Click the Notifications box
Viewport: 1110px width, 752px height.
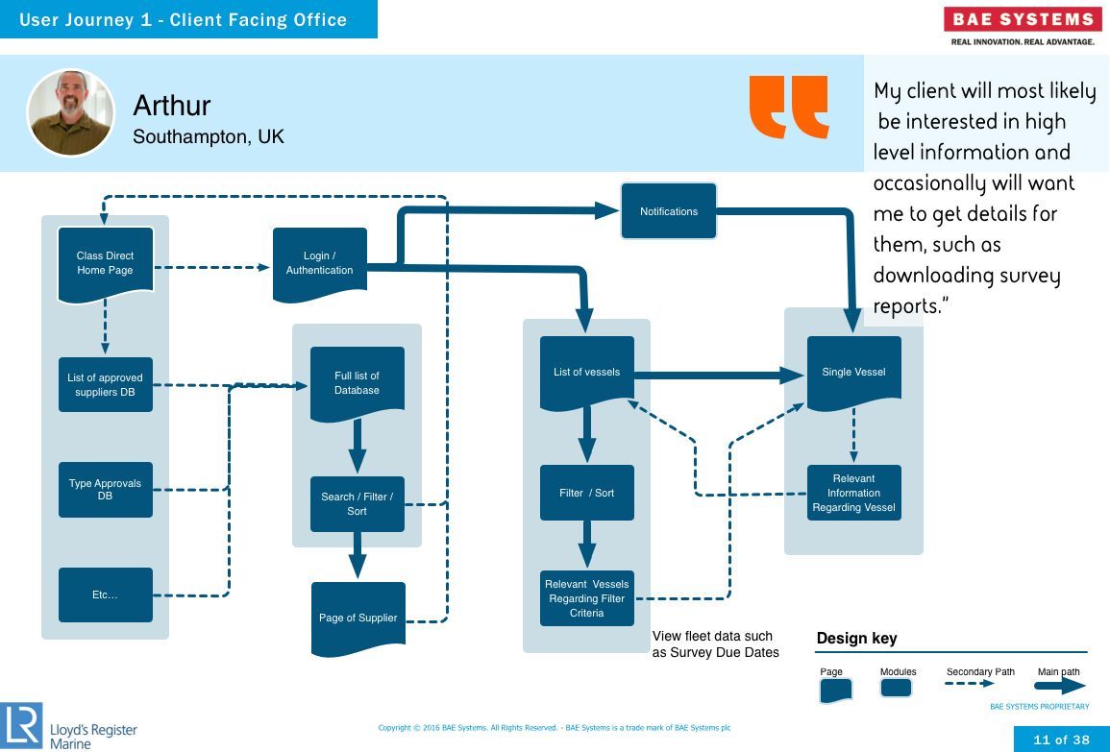(668, 211)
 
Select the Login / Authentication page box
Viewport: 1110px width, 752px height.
(320, 264)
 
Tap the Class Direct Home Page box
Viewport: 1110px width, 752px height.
(106, 264)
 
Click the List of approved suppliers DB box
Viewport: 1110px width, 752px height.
(106, 385)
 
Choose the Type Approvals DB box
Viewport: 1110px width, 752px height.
(106, 490)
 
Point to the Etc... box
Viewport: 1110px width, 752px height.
(106, 594)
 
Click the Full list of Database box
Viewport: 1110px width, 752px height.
(358, 383)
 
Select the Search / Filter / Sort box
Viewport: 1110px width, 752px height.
(358, 503)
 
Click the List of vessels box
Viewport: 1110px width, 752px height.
(587, 373)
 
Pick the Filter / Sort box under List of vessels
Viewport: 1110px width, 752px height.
(587, 493)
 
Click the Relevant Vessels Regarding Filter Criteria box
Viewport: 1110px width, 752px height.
(587, 598)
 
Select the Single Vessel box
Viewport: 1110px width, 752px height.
(853, 373)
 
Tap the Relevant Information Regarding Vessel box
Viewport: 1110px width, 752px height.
(853, 493)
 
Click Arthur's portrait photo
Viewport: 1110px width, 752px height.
(71, 112)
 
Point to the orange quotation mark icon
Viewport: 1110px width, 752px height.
(789, 107)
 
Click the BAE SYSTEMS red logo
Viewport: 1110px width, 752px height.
(1023, 19)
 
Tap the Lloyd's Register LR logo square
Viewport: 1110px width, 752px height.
(21, 726)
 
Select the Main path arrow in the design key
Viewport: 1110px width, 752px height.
(1060, 686)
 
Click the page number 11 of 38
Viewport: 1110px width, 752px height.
(1061, 740)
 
